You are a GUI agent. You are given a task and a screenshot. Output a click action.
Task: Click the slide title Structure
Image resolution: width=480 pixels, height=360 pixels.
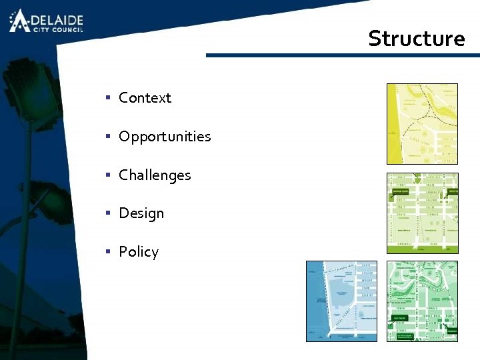coord(416,39)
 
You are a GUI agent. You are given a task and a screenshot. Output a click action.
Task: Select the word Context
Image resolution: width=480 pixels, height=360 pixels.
coord(145,98)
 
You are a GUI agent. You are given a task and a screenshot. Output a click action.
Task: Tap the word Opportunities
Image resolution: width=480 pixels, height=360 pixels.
coord(165,137)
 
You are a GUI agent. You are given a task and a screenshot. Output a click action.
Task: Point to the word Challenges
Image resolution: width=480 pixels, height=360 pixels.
coord(155,175)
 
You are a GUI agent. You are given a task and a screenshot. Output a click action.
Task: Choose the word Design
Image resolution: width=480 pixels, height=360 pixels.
coord(141,213)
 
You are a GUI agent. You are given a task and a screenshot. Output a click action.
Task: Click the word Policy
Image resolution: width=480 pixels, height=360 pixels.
coord(139,252)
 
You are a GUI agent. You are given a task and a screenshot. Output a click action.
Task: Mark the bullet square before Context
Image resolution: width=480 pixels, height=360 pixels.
coord(107,98)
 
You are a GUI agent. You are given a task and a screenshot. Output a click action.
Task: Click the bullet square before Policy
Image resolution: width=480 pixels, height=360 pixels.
coord(107,252)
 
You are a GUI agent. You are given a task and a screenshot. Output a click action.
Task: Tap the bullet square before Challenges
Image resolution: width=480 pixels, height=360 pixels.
coord(107,175)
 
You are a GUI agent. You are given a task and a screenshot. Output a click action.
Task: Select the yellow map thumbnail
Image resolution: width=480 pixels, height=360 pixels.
coord(423,123)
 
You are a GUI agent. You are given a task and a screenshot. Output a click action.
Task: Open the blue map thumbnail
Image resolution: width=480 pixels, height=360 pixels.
coord(341,301)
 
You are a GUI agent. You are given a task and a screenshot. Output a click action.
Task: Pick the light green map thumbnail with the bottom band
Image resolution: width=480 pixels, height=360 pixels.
coord(423,213)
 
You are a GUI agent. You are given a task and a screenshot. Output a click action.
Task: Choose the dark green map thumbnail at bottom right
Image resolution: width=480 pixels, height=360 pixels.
coord(423,301)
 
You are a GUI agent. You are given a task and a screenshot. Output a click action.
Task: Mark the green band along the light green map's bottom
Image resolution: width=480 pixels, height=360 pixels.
coord(423,249)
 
